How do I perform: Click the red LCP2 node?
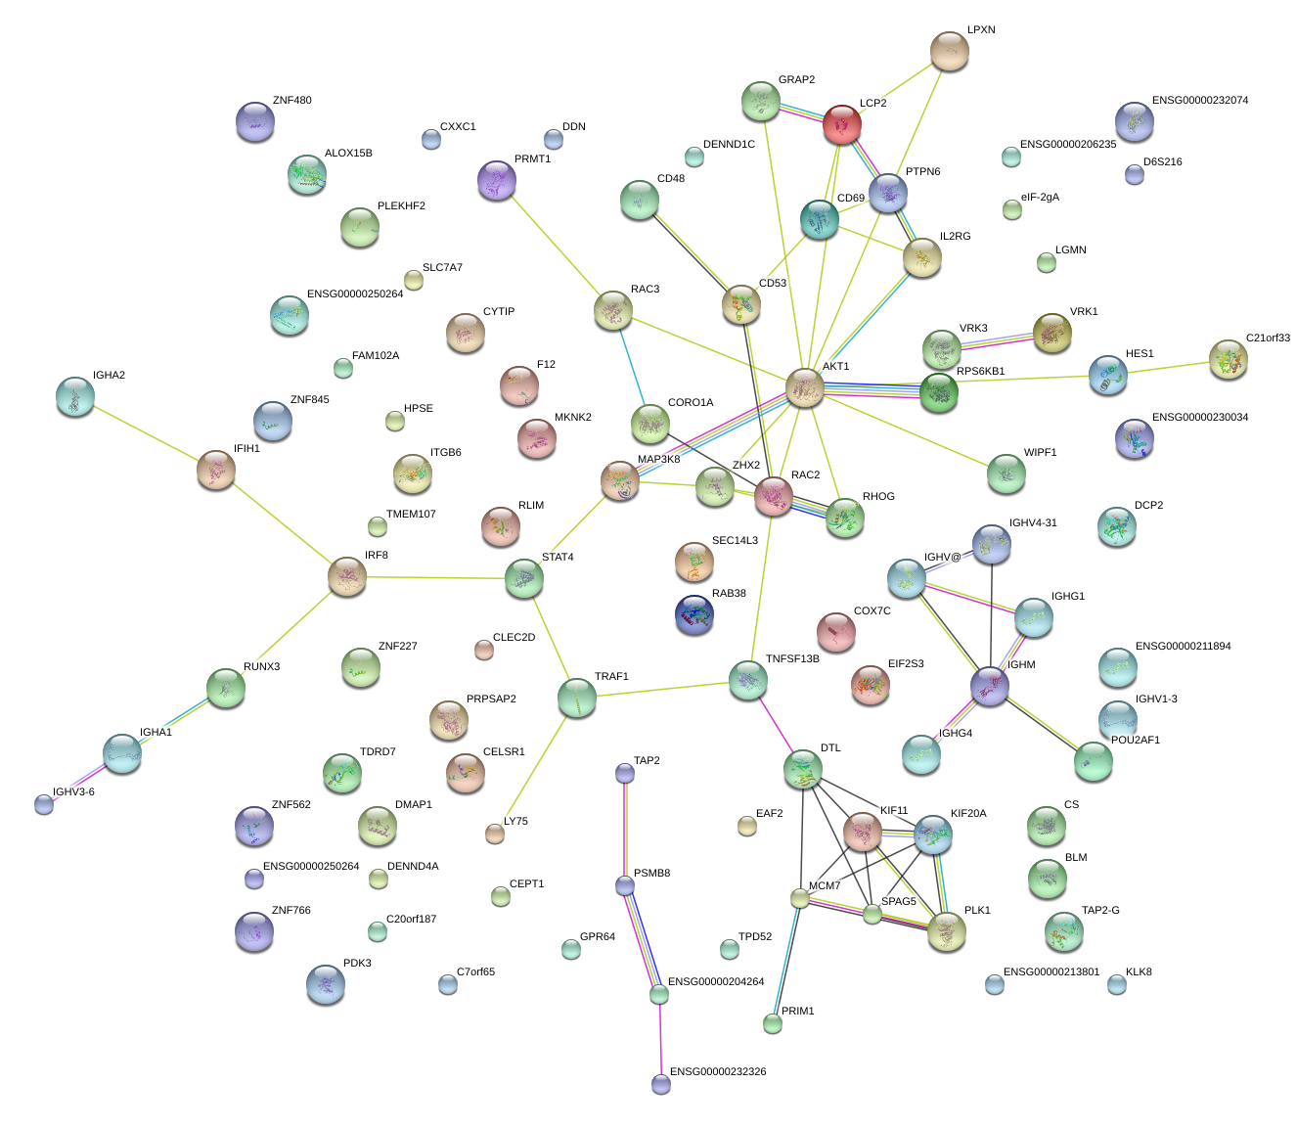[842, 124]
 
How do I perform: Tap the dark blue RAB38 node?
[694, 613]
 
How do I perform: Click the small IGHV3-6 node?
[44, 804]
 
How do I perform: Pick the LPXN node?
[949, 51]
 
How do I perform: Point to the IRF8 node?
[347, 576]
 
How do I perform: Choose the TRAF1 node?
[577, 698]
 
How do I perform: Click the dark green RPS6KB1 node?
[939, 392]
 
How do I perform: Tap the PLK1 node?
[947, 931]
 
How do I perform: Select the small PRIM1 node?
[772, 1023]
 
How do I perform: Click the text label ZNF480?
[291, 100]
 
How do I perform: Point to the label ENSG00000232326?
[718, 1071]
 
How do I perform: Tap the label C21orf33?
[1268, 338]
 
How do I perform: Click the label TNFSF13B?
[792, 658]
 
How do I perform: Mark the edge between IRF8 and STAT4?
[435, 577]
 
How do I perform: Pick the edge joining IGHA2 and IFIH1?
[146, 433]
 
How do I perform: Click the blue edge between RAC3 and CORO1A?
[632, 367]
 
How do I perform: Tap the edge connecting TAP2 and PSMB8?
[624, 830]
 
